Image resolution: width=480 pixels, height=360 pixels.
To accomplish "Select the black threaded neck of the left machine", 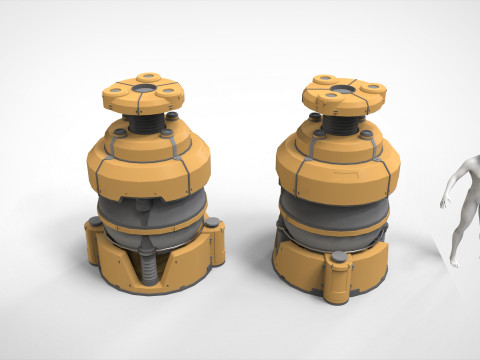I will [x=146, y=122].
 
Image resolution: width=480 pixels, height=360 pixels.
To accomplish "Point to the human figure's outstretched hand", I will [x=443, y=204].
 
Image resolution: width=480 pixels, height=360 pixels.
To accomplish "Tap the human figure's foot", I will [x=454, y=263].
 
